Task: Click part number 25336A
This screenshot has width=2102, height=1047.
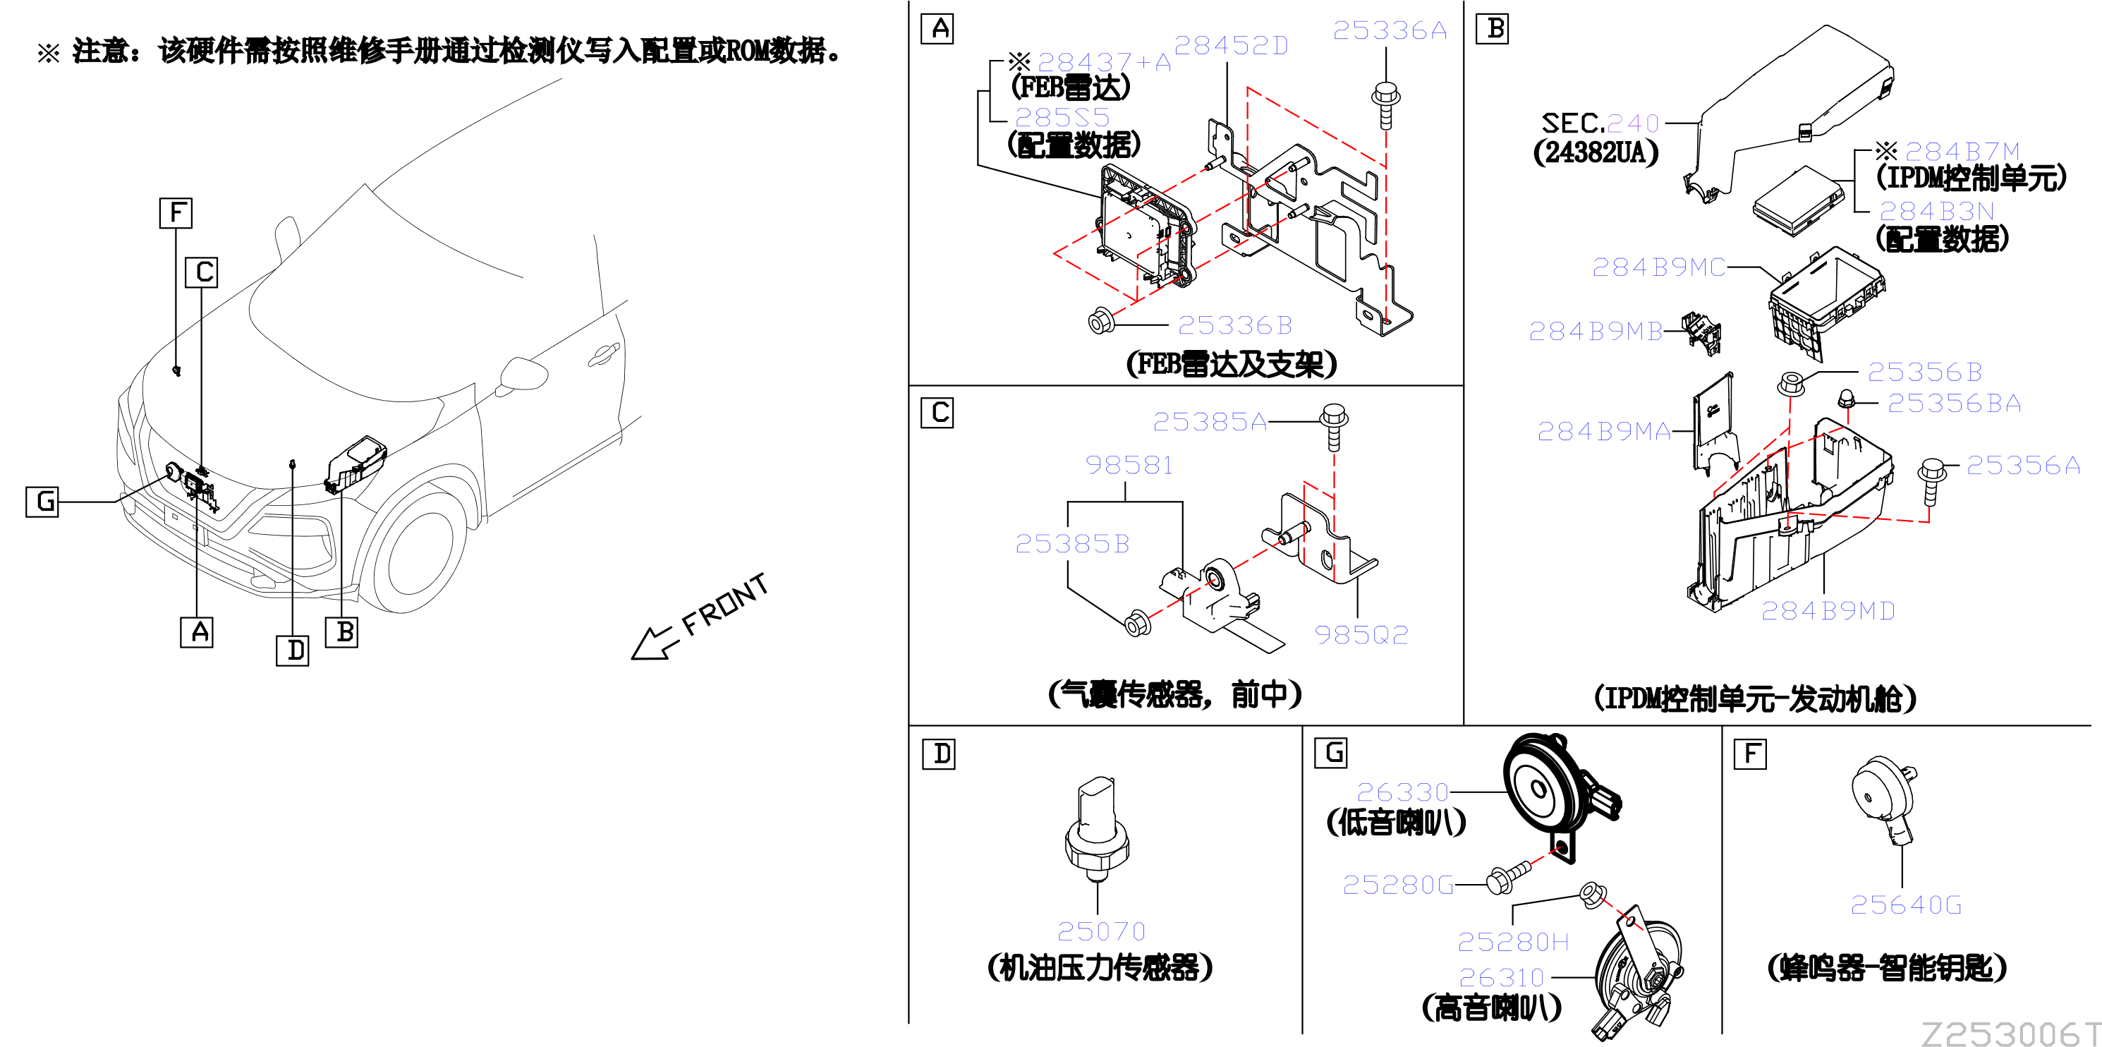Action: [1390, 30]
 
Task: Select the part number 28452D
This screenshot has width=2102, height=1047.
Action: [1231, 46]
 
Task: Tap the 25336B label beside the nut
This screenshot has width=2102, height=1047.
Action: [1234, 326]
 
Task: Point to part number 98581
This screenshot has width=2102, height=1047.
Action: [1129, 465]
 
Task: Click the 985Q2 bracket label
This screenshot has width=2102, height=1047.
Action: [1361, 635]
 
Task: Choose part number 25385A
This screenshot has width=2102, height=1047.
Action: [1209, 422]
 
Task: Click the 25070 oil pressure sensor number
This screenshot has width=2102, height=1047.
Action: [1101, 931]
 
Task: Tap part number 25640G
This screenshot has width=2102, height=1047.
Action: [1905, 905]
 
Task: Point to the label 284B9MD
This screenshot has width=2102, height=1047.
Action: [1828, 611]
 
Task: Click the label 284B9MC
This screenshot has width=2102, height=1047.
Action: [1658, 267]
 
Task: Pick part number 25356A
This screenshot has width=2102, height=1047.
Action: [2023, 465]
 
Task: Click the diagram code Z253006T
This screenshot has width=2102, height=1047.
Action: [2010, 1033]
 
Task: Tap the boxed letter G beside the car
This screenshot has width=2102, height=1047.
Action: [42, 501]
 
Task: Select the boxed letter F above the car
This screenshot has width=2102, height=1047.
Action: [176, 213]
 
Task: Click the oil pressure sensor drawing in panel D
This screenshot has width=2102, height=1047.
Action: [1097, 829]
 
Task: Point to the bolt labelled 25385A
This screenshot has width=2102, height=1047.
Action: [1333, 427]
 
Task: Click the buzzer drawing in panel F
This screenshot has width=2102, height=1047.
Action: [1885, 800]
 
